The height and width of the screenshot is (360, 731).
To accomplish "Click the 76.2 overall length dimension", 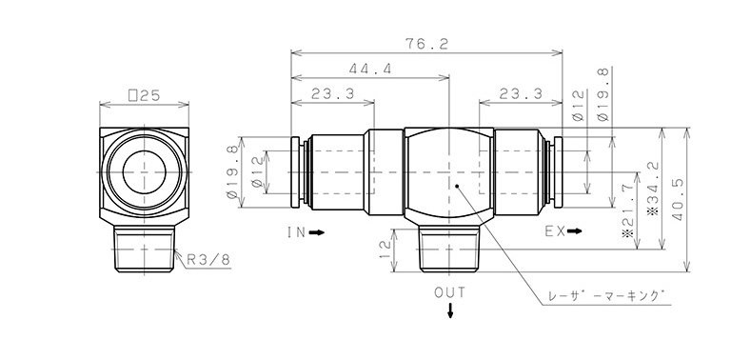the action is point(426,44).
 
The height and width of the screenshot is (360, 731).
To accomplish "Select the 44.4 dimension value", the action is point(370,69).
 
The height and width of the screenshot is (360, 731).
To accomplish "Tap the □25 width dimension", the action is point(145,95).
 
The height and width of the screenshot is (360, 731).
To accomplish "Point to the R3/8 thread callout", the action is point(208,260).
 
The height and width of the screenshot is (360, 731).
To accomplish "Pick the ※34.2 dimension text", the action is point(654,188).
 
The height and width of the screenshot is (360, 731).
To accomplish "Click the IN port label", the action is point(296,231).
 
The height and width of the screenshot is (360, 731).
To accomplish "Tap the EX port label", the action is point(555,230).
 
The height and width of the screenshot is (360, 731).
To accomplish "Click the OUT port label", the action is point(450,292).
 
